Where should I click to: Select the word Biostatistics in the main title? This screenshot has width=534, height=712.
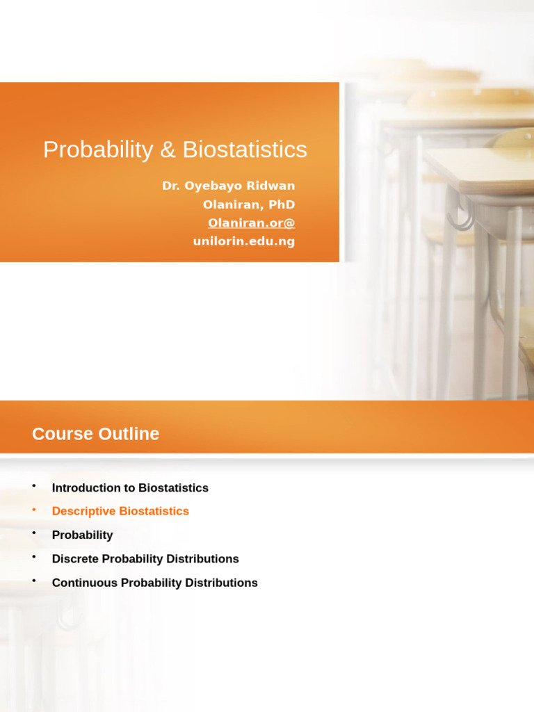tap(245, 149)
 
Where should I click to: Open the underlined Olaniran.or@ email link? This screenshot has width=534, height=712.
tap(251, 223)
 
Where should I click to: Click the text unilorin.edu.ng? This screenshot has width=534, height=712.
tap(243, 241)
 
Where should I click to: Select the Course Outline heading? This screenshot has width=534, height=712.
tap(95, 434)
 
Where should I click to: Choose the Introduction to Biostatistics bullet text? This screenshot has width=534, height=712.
tap(130, 488)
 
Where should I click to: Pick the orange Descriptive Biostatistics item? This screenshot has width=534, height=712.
tap(120, 512)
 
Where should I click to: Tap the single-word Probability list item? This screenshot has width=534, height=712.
tap(82, 535)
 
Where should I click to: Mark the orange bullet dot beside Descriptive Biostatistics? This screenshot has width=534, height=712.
tap(33, 510)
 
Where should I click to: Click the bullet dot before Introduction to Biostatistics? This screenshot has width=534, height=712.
tap(33, 486)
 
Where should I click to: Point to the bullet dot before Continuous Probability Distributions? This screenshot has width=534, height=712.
tap(33, 581)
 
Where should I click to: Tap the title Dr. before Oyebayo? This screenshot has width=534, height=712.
tap(171, 186)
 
